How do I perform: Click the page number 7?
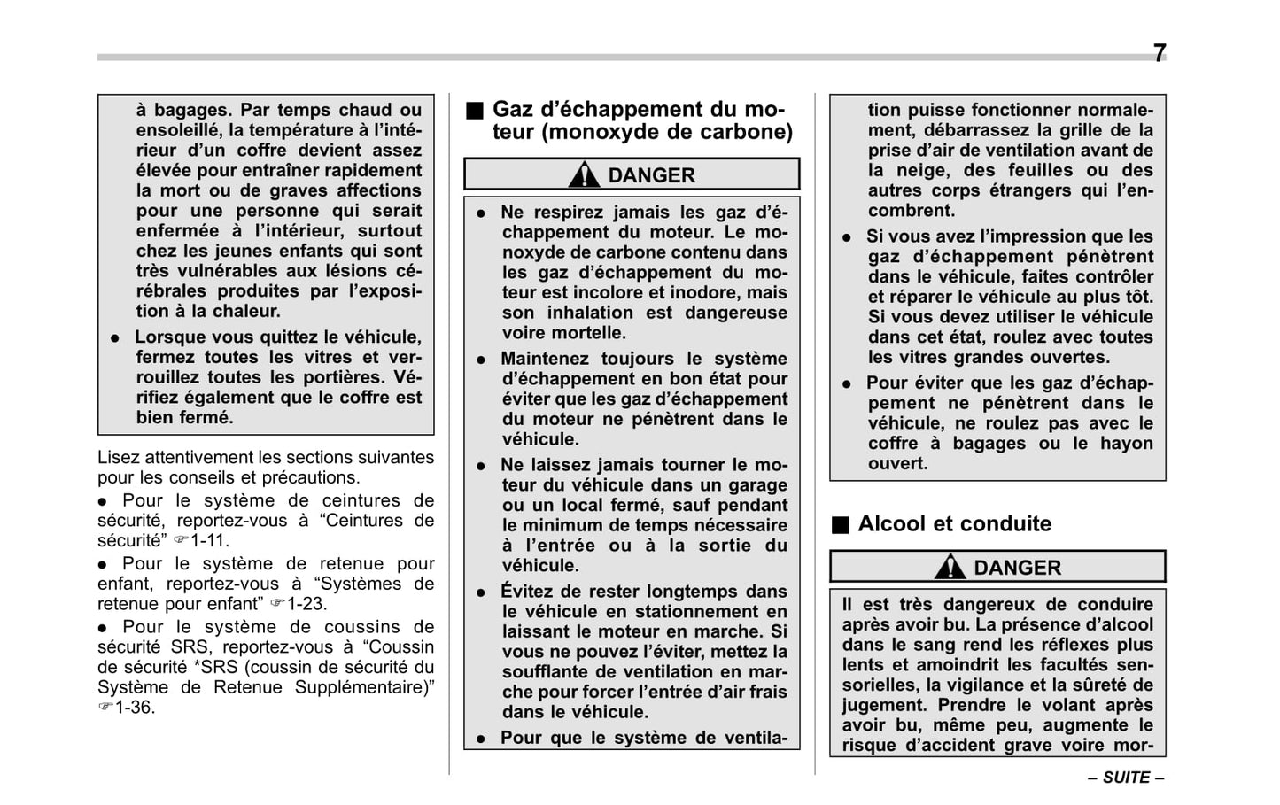tap(1160, 54)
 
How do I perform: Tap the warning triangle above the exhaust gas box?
tap(584, 174)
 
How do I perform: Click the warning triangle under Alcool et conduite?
tap(950, 567)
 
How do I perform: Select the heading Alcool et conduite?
tap(954, 523)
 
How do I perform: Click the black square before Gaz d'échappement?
tap(476, 111)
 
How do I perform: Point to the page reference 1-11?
tap(209, 540)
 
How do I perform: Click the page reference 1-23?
tap(306, 604)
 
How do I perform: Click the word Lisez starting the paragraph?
tap(119, 457)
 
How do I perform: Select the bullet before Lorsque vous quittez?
tap(114, 338)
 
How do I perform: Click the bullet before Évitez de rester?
tap(481, 592)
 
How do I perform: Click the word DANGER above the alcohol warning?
tap(1017, 568)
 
